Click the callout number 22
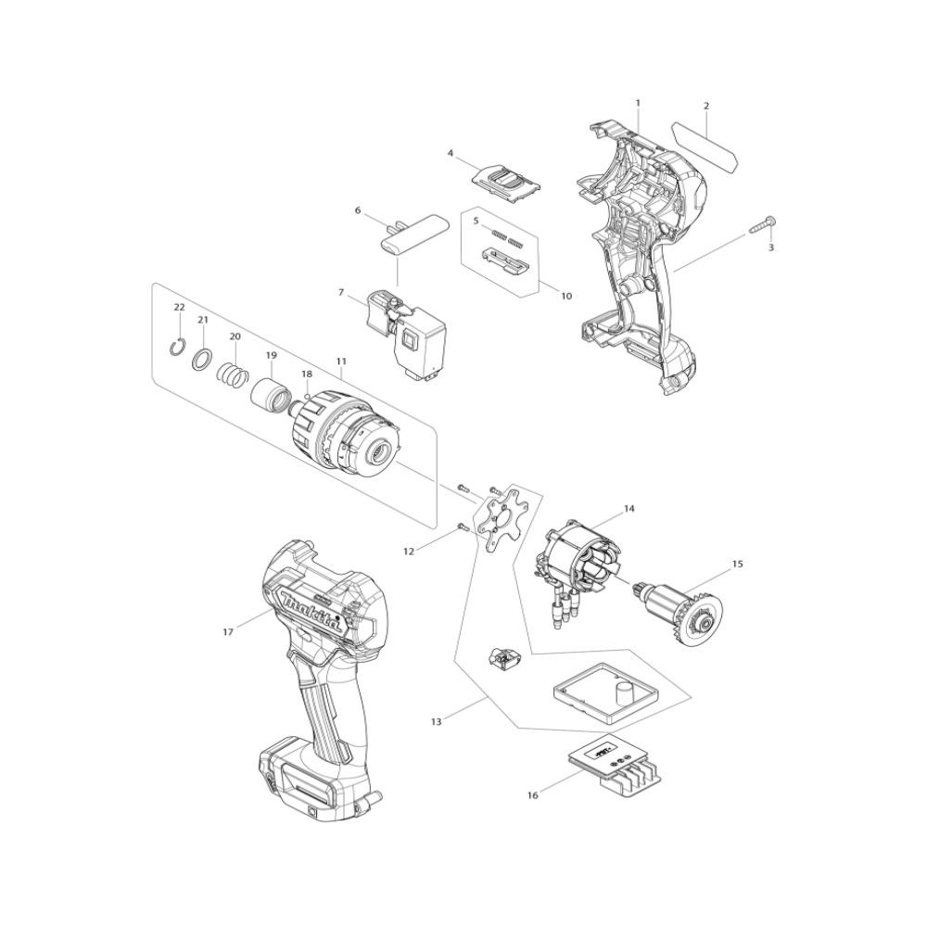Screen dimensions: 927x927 179,307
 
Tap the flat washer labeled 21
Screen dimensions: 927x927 201,358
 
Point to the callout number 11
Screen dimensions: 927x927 341,361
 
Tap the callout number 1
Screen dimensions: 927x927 638,103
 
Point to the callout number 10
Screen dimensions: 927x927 566,296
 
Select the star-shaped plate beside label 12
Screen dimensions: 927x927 502,518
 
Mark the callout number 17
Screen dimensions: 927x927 228,632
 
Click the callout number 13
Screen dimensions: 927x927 437,721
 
